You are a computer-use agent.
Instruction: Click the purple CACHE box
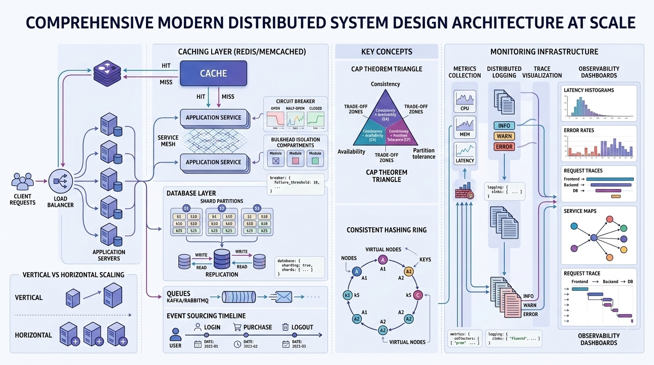pyautogui.click(x=213, y=74)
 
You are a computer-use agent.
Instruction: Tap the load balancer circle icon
pyautogui.click(x=60, y=181)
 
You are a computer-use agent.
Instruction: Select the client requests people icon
pyautogui.click(x=22, y=182)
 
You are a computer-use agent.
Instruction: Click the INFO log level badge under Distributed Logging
pyautogui.click(x=504, y=126)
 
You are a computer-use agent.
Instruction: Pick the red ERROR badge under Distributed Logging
pyautogui.click(x=504, y=146)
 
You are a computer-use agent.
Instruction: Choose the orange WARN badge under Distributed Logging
pyautogui.click(x=504, y=136)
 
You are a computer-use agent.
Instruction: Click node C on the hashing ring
pyautogui.click(x=418, y=295)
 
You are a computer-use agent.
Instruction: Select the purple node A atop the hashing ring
pyautogui.click(x=383, y=259)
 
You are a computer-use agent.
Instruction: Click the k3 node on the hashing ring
pyautogui.click(x=347, y=296)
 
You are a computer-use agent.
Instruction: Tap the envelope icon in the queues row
pyautogui.click(x=283, y=297)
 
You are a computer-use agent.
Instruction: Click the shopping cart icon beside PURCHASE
pyautogui.click(x=237, y=327)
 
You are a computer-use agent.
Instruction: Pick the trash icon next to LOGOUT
pyautogui.click(x=285, y=327)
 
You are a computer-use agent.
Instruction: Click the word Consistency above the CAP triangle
pyautogui.click(x=385, y=84)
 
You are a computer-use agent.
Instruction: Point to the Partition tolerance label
pyautogui.click(x=423, y=154)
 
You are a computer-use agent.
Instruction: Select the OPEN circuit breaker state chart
pyautogui.click(x=275, y=118)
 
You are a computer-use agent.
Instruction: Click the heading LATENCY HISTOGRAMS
pyautogui.click(x=588, y=90)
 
